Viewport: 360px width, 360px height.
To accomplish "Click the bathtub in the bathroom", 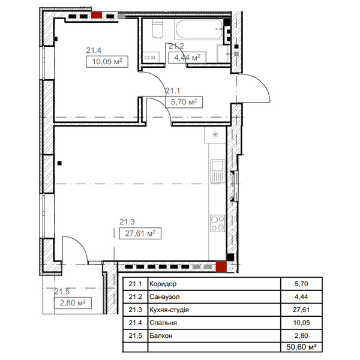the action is pos(199,29).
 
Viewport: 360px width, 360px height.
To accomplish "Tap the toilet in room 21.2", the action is pos(157,28).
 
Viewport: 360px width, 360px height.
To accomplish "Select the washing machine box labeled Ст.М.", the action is pos(151,58).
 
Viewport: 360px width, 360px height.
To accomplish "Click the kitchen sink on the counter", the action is pos(217,171).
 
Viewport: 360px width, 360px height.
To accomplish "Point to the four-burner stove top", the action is pos(217,223).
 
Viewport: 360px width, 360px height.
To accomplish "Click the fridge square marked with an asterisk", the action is pos(215,134).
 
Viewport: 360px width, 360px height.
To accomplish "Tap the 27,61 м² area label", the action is pos(140,233).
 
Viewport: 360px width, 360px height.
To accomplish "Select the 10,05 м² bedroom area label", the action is pos(107,62).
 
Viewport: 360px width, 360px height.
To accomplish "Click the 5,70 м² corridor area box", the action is pos(184,102).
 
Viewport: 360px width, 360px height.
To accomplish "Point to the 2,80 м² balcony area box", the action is pos(73,303).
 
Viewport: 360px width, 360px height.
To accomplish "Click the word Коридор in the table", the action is pos(163,284).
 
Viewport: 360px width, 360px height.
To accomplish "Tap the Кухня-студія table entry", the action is pos(169,310).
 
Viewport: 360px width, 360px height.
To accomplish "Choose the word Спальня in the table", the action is pos(163,323).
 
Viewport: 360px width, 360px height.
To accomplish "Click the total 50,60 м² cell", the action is pos(301,347).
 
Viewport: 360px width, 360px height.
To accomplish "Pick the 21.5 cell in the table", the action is pos(135,335).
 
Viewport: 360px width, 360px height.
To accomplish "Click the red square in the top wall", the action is pos(97,14).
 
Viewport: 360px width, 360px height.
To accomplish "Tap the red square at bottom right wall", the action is pos(221,267).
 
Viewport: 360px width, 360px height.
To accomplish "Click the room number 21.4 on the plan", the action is pos(94,50).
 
